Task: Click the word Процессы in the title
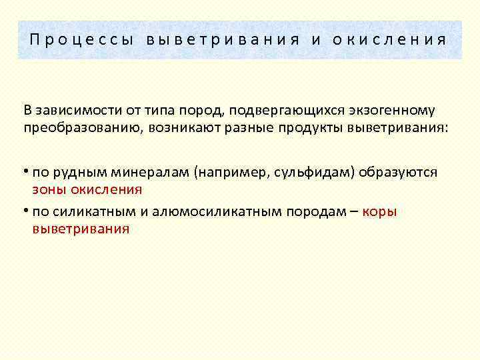tap(79, 39)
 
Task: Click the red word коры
tap(381, 213)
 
